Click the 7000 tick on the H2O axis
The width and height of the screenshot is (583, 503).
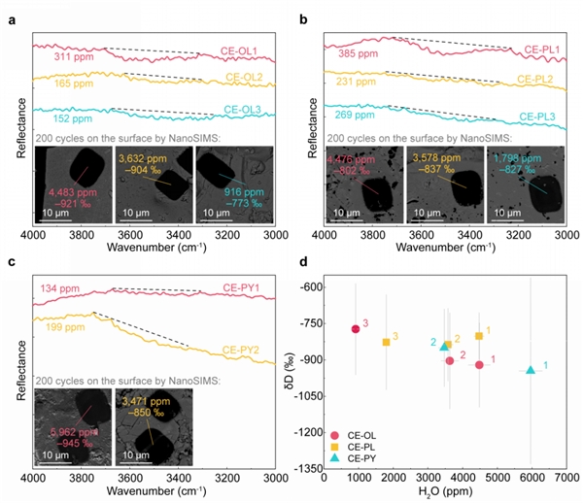(x=566, y=478)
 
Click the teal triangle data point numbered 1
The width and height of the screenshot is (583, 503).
(x=531, y=370)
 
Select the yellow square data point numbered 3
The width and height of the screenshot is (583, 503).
(x=387, y=342)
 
